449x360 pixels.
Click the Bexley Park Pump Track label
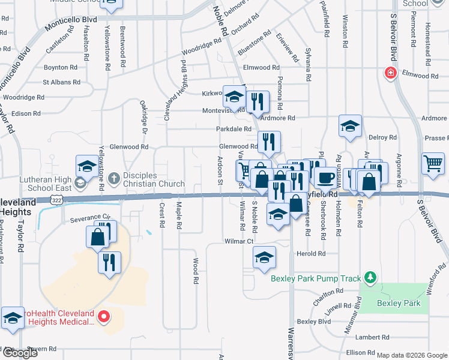tap(316, 278)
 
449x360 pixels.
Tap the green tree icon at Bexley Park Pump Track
tap(371, 277)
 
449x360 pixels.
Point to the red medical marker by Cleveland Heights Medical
tap(103, 315)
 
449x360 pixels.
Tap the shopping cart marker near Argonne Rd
tap(433, 163)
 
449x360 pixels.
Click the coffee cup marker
tap(325, 178)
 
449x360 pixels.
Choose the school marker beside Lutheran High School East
tap(87, 167)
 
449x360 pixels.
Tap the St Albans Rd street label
tap(61, 82)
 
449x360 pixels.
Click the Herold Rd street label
tap(311, 254)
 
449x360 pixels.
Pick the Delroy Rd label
tap(382, 137)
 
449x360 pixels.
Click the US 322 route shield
tap(56, 199)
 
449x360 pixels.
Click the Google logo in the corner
tap(19, 353)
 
